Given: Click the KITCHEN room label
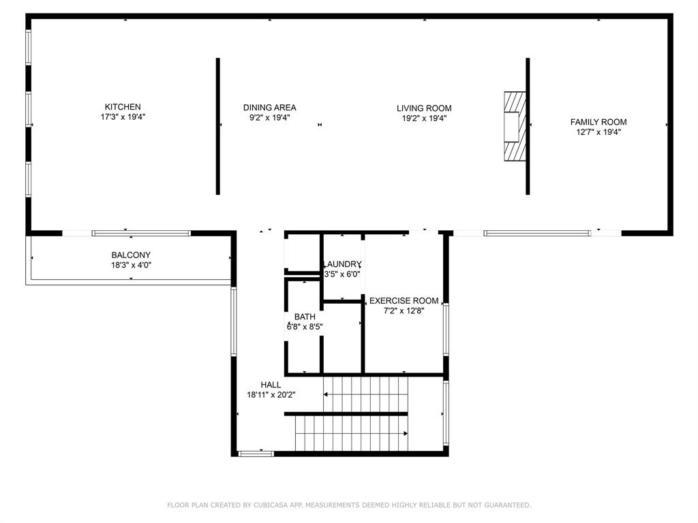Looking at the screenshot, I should pyautogui.click(x=123, y=107).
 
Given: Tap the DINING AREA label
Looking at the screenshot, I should pyautogui.click(x=269, y=108).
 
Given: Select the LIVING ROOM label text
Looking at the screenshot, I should pyautogui.click(x=424, y=108).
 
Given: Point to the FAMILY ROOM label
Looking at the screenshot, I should pyautogui.click(x=598, y=123).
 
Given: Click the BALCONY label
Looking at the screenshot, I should pyautogui.click(x=131, y=255).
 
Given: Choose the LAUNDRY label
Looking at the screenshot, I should pyautogui.click(x=342, y=264).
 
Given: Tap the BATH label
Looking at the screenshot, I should pyautogui.click(x=305, y=317).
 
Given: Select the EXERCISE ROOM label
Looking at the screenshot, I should pyautogui.click(x=404, y=300).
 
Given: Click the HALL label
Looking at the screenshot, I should pyautogui.click(x=271, y=385).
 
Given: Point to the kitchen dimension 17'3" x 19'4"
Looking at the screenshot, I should pyautogui.click(x=123, y=117).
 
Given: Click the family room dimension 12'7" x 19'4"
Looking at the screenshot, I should pyautogui.click(x=598, y=132).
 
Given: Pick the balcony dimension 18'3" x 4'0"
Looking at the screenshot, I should pyautogui.click(x=131, y=265).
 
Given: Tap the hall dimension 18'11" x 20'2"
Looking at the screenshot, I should pyautogui.click(x=271, y=394).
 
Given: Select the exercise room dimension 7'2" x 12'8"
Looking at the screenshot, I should pyautogui.click(x=404, y=311).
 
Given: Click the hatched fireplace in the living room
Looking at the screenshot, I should pyautogui.click(x=515, y=127).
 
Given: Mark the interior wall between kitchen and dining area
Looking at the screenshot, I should pyautogui.click(x=218, y=126).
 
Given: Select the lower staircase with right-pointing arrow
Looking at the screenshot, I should pyautogui.click(x=351, y=433).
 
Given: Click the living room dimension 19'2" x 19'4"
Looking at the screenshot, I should pyautogui.click(x=424, y=118).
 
